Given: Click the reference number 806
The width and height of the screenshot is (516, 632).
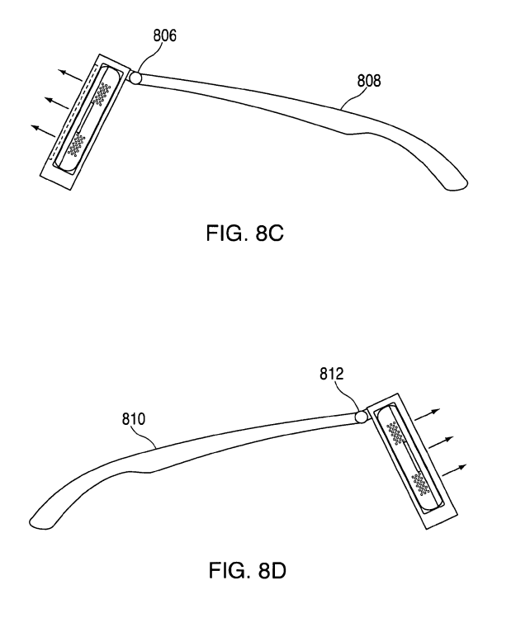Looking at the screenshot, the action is coord(164,35).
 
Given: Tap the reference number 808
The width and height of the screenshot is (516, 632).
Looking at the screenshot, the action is coord(369,81).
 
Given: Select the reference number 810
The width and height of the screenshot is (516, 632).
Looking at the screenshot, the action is coord(134,419).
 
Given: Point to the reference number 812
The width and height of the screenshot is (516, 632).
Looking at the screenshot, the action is coord(332,374).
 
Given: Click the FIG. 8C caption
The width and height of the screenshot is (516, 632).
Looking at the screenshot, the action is coord(245,233).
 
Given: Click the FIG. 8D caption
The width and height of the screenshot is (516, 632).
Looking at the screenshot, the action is coord(247,570).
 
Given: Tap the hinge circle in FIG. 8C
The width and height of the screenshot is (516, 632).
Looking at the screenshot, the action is coord(135,78).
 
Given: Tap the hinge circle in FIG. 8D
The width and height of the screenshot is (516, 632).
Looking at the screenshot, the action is coord(361,417).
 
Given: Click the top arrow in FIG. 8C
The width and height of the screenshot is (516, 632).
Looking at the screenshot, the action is coord(71,76).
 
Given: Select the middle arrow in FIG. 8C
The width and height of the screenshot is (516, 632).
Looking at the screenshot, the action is coord(57,103).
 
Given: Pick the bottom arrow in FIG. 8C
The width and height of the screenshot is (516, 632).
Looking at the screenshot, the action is coord(44,130).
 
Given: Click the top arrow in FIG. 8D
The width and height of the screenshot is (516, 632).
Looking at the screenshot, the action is coord(428,415).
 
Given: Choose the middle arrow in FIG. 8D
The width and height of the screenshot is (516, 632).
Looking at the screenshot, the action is coord(442,442).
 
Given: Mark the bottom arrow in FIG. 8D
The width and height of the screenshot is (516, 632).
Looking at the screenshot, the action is coord(454,470).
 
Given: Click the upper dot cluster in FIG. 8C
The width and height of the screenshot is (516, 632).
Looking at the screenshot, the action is coord(102,94).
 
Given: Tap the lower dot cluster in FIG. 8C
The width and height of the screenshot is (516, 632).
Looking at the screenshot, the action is coord(76,144).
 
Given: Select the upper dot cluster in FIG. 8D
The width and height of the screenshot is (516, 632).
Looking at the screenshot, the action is coord(395,432).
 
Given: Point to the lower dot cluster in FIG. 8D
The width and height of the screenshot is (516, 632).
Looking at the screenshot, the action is coord(420,483).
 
